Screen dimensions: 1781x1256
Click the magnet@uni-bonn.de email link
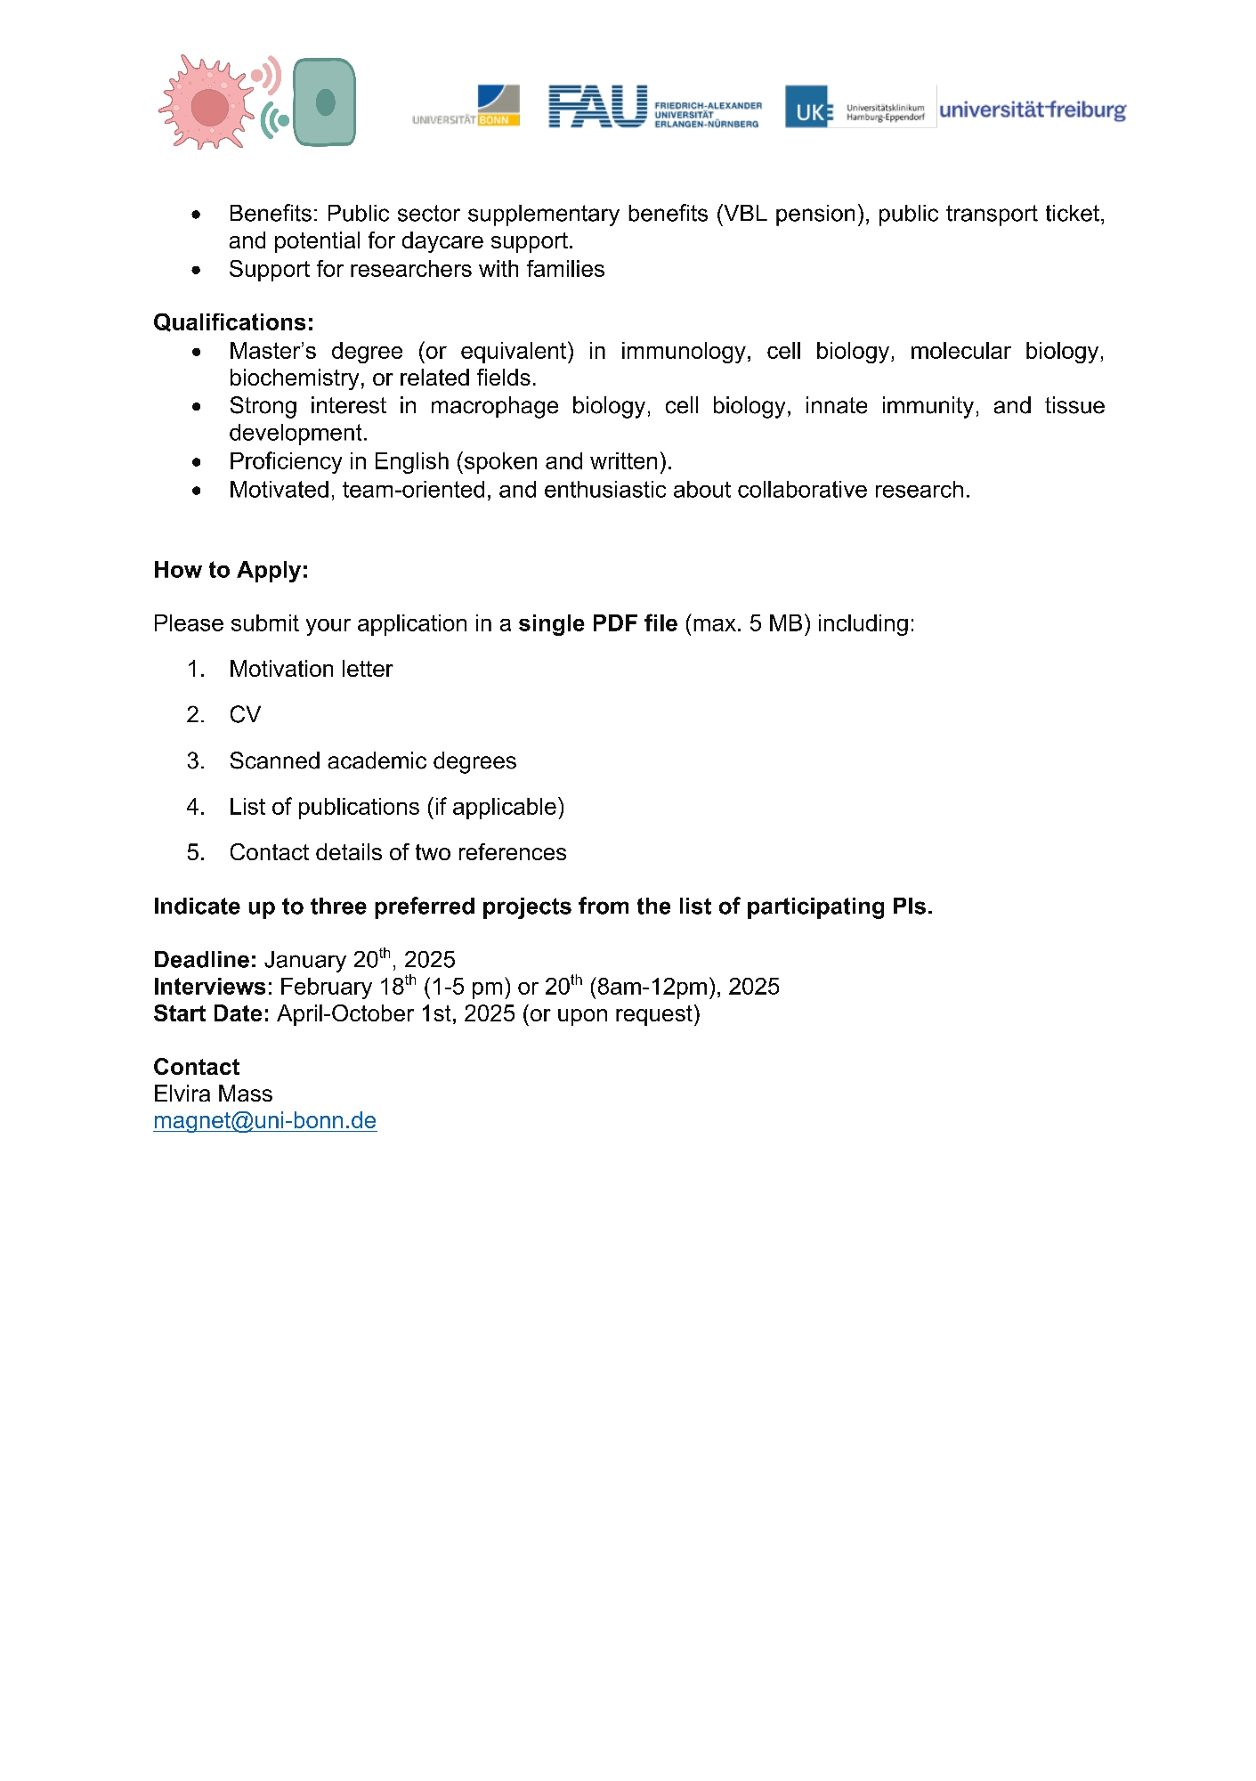pyautogui.click(x=264, y=1120)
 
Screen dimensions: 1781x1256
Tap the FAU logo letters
pyautogui.click(x=597, y=107)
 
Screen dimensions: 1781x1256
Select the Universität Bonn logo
pyautogui.click(x=466, y=107)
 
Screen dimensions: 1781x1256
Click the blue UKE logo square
pyautogui.click(x=806, y=107)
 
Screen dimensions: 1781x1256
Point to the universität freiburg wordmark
pyautogui.click(x=1033, y=110)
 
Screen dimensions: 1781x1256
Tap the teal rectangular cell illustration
pyautogui.click(x=325, y=102)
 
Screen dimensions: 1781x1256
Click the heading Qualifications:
pyautogui.click(x=233, y=322)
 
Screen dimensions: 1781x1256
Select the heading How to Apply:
pyautogui.click(x=231, y=570)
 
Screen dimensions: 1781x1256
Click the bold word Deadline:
pyautogui.click(x=205, y=960)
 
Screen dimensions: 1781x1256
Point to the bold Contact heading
pyautogui.click(x=196, y=1067)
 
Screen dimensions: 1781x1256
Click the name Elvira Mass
pyautogui.click(x=213, y=1094)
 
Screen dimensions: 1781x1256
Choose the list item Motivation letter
pyautogui.click(x=311, y=669)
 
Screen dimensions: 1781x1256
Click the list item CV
pyautogui.click(x=245, y=715)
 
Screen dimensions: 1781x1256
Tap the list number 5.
pyautogui.click(x=195, y=852)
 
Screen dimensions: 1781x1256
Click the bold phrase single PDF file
pyautogui.click(x=597, y=623)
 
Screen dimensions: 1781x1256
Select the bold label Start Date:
pyautogui.click(x=211, y=1014)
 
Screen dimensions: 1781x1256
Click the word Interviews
pyautogui.click(x=210, y=987)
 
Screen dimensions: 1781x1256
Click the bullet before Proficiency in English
pyautogui.click(x=197, y=462)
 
